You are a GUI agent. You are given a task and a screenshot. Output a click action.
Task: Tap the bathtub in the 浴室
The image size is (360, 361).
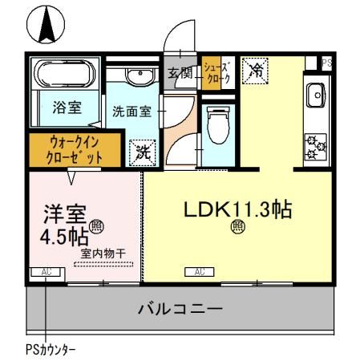coord(63,78)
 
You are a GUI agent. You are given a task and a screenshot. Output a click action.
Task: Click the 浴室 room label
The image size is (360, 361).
coord(65,111)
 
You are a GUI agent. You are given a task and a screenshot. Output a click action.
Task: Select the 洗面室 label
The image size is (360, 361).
coord(131,112)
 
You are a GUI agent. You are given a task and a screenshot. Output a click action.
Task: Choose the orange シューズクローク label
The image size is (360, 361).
coord(216,73)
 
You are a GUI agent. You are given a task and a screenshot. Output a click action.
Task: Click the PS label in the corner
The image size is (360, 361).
coord(326,62)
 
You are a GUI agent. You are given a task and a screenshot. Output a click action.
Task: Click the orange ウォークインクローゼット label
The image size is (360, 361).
coord(76,149)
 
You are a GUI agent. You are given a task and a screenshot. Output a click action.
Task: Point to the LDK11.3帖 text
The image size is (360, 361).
coord(237,210)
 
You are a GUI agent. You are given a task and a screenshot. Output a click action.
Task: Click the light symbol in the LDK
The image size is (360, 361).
coord(238,226)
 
